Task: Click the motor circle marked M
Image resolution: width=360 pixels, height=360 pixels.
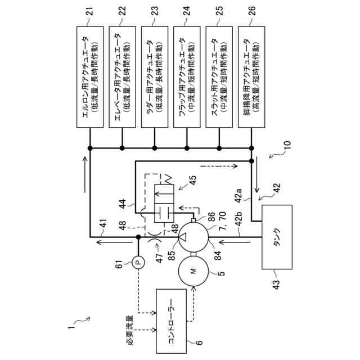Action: click(x=193, y=271)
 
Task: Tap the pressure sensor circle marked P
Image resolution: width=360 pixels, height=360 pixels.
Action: click(x=138, y=262)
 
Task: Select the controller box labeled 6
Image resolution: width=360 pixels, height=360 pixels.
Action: click(x=171, y=321)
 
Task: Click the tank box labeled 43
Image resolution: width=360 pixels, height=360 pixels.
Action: click(x=277, y=237)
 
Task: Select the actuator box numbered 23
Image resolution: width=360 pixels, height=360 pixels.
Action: click(x=155, y=77)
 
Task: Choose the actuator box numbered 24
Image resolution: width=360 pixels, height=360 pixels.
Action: click(x=187, y=77)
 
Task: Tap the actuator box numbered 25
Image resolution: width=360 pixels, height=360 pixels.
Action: click(x=219, y=77)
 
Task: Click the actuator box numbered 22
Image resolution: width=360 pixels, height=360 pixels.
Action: click(x=122, y=77)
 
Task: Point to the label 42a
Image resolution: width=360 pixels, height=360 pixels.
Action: click(x=238, y=196)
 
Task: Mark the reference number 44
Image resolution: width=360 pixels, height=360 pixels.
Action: click(x=123, y=204)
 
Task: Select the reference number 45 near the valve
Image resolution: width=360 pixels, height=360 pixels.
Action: click(x=192, y=181)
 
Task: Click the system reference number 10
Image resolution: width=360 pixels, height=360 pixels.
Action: click(x=287, y=145)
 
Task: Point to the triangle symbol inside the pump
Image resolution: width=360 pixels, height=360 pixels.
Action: click(x=183, y=237)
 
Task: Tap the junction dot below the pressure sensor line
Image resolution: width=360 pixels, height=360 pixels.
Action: click(x=138, y=237)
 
